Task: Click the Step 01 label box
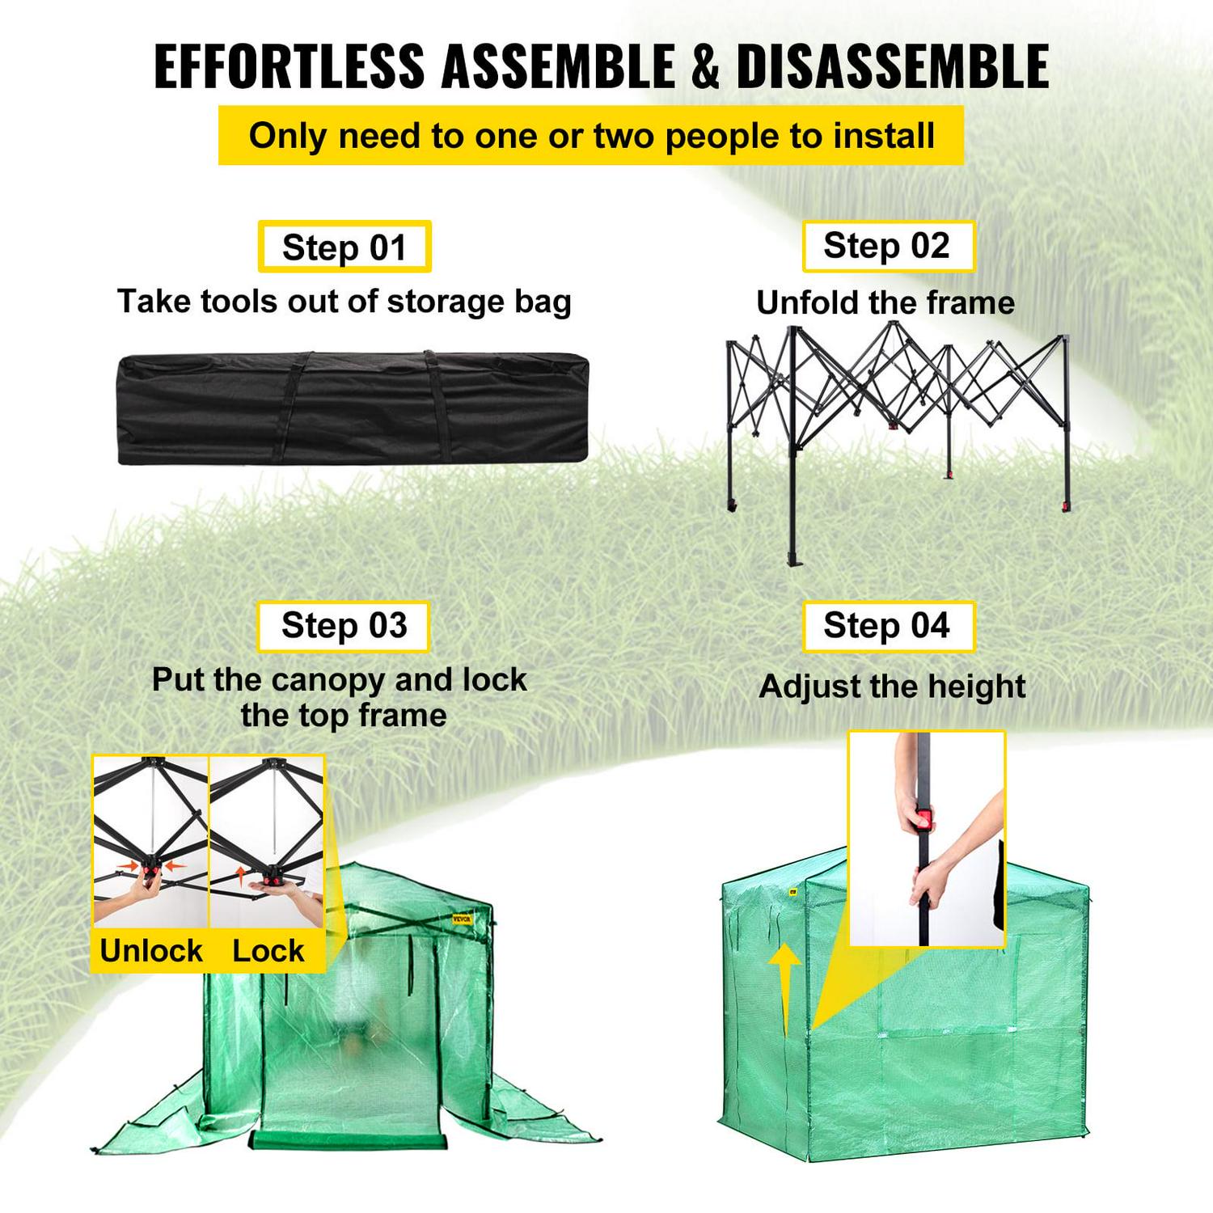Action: (344, 247)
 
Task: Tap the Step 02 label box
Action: (887, 246)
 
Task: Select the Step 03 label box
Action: (344, 626)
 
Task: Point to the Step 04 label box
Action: (887, 626)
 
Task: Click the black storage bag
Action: (353, 408)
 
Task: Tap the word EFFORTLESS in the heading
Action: (289, 66)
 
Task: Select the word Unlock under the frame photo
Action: (151, 951)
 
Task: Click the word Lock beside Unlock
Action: (268, 951)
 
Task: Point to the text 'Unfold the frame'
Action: (885, 303)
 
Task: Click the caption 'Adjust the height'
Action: (892, 687)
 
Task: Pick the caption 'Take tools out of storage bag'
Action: (344, 302)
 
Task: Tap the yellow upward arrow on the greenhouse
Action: (784, 978)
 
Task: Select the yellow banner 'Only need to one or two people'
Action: (591, 136)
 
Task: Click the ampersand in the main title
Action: (705, 66)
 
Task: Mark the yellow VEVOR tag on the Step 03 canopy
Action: (462, 919)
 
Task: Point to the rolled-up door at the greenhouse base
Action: (348, 1141)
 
